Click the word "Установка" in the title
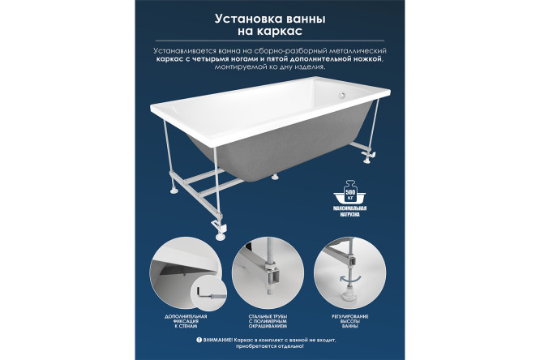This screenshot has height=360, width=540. pyautogui.click(x=243, y=18)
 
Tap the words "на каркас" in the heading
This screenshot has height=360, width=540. pyautogui.click(x=269, y=32)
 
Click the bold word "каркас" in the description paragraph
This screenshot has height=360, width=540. pyautogui.click(x=173, y=59)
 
